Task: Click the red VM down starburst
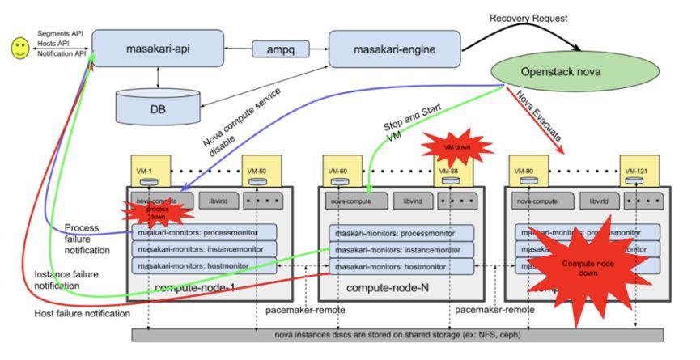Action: coord(458,147)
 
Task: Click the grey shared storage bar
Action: coord(397,335)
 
